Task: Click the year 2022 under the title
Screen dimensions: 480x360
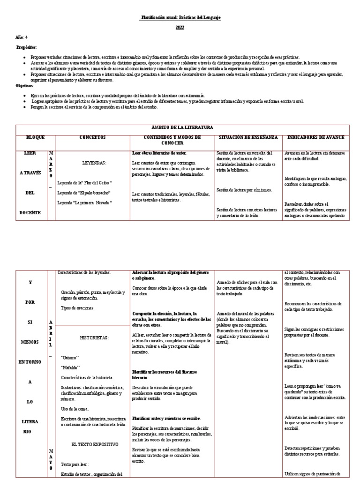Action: (180, 28)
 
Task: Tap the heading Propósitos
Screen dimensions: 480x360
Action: (26, 47)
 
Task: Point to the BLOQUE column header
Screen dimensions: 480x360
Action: (35, 137)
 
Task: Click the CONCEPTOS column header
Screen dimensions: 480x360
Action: (93, 137)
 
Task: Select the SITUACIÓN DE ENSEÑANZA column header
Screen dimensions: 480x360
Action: (248, 137)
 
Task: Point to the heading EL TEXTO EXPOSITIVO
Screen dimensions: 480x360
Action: (95, 443)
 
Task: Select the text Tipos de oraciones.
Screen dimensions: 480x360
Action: (77, 307)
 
